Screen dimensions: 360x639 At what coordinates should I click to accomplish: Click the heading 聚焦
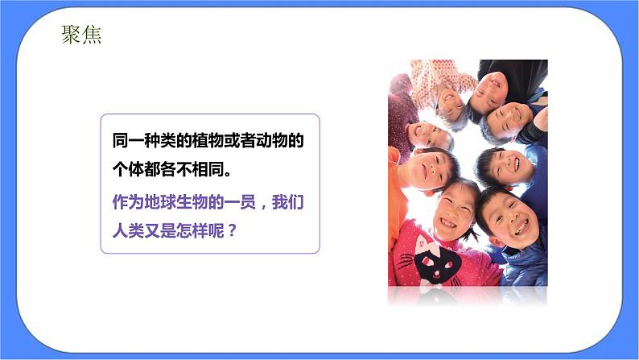pyautogui.click(x=81, y=35)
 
